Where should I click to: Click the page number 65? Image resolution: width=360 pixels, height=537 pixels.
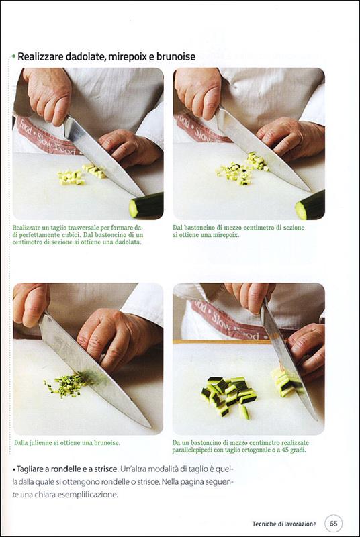(333, 524)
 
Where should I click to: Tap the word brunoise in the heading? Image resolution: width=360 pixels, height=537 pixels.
(176, 56)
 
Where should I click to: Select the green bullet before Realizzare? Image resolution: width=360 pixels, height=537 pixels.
(13, 56)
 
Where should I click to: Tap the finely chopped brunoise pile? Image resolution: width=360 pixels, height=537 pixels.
(66, 385)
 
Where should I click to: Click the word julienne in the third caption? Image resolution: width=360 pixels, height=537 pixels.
(40, 443)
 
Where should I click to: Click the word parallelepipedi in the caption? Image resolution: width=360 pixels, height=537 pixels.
(193, 450)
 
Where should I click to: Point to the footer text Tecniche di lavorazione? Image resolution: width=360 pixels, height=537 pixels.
(284, 524)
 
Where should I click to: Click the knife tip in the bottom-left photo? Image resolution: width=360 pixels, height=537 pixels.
(150, 427)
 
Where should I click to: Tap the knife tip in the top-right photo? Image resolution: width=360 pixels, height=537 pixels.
(310, 191)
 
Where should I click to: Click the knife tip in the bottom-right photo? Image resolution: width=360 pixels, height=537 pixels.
(316, 419)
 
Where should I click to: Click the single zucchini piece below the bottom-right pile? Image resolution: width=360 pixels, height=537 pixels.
(244, 412)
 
